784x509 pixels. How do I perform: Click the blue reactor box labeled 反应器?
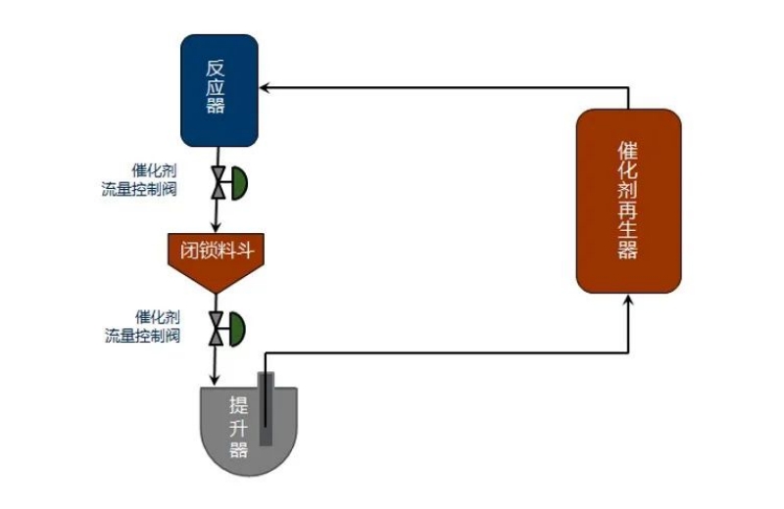(x=219, y=90)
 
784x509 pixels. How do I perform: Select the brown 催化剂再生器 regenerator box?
(x=628, y=200)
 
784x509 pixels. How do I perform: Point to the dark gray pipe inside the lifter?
(x=265, y=411)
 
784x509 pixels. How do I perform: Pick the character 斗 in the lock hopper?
(x=246, y=250)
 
